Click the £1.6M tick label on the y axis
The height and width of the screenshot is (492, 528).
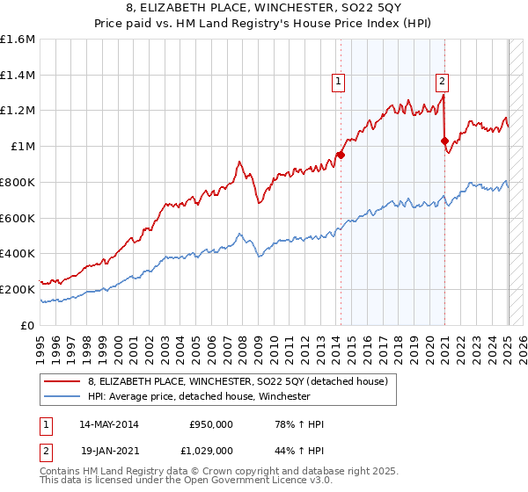point(18,40)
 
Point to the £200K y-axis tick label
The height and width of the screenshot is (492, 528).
point(18,289)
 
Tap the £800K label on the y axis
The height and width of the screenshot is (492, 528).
point(18,182)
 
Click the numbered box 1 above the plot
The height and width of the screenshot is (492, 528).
point(339,83)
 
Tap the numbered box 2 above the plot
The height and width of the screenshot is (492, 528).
point(442,83)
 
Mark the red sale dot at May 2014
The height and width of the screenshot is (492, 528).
point(341,156)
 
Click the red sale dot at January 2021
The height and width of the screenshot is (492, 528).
point(444,141)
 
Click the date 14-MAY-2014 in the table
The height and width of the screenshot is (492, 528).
point(109,424)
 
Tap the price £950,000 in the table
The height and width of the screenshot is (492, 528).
point(211,424)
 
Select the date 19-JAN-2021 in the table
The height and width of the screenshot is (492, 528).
point(109,450)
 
